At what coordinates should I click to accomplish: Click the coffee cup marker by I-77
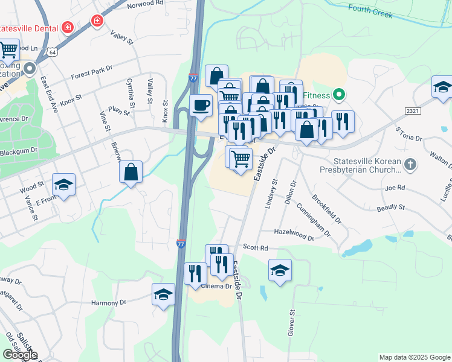tap(201, 106)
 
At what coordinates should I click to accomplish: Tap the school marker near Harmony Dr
tap(163, 294)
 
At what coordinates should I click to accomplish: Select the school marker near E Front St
tap(63, 185)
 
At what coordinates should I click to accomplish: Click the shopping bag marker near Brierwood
tap(131, 172)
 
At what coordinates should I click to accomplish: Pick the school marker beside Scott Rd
tap(280, 270)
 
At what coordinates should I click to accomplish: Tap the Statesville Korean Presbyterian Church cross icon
tap(410, 164)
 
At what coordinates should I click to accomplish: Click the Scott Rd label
tap(255, 247)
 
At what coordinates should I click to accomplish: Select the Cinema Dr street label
tap(216, 286)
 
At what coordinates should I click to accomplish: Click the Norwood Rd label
tap(146, 4)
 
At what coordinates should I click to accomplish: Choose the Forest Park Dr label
tap(92, 74)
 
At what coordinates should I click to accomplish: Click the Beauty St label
tap(390, 207)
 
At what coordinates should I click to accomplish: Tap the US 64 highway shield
tap(53, 52)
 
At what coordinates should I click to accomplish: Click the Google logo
tap(19, 355)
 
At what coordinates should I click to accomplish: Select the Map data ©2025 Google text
tap(414, 357)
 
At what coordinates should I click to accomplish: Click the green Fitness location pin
tap(339, 95)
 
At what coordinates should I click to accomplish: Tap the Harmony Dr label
tap(108, 302)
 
